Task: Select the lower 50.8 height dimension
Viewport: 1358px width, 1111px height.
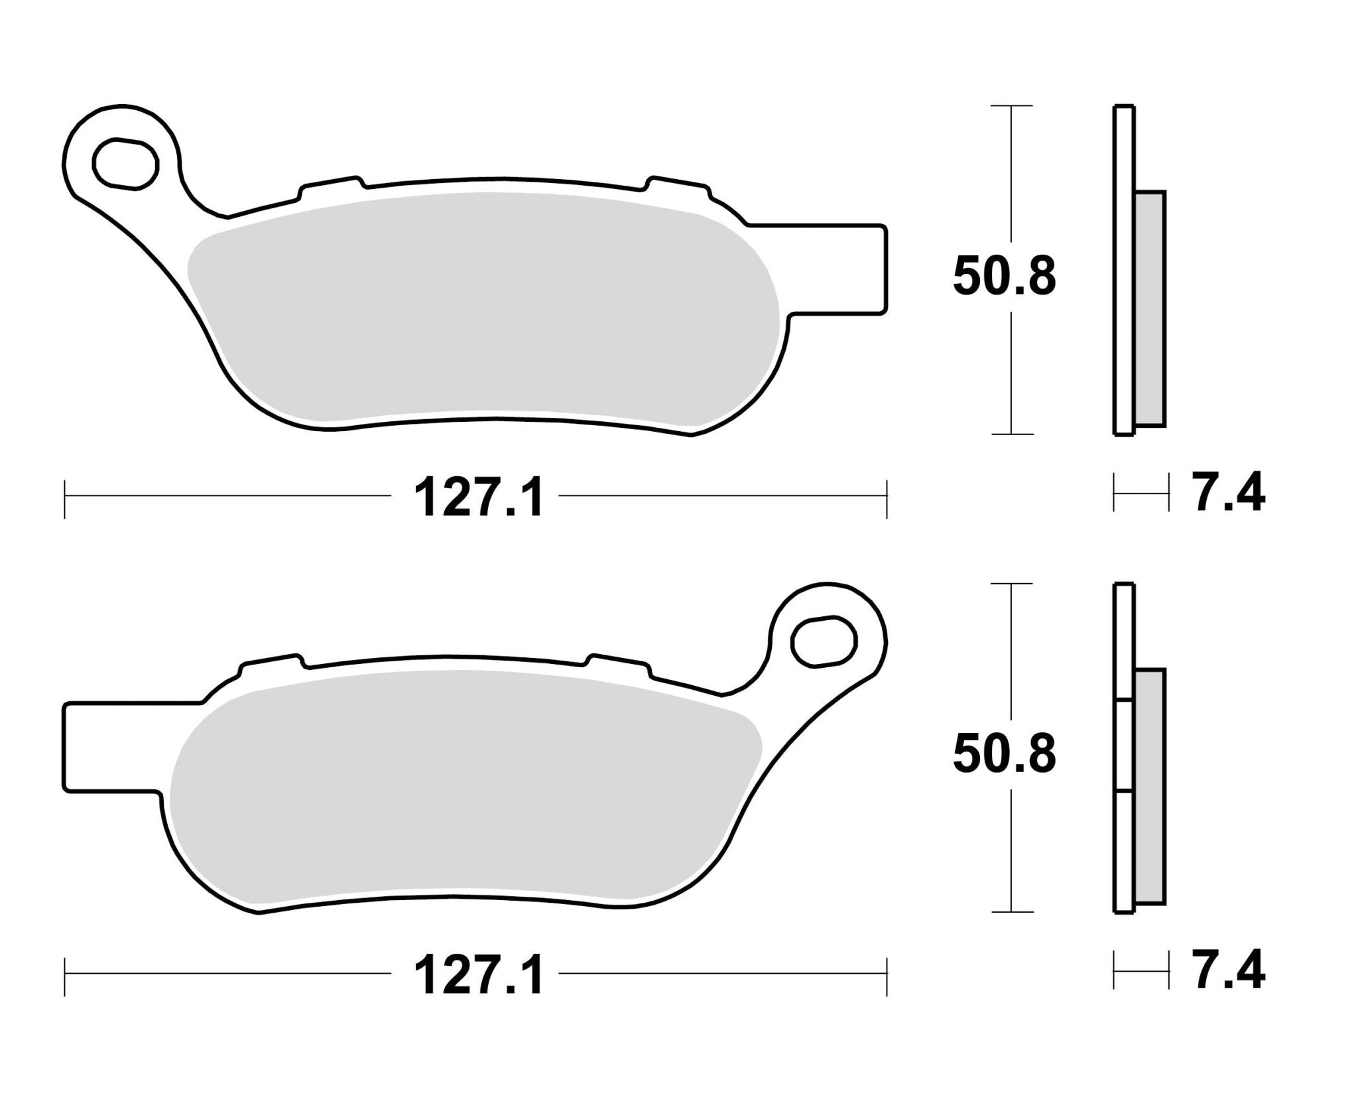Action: click(x=1004, y=755)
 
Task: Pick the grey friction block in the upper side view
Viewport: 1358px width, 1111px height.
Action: click(x=1150, y=308)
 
